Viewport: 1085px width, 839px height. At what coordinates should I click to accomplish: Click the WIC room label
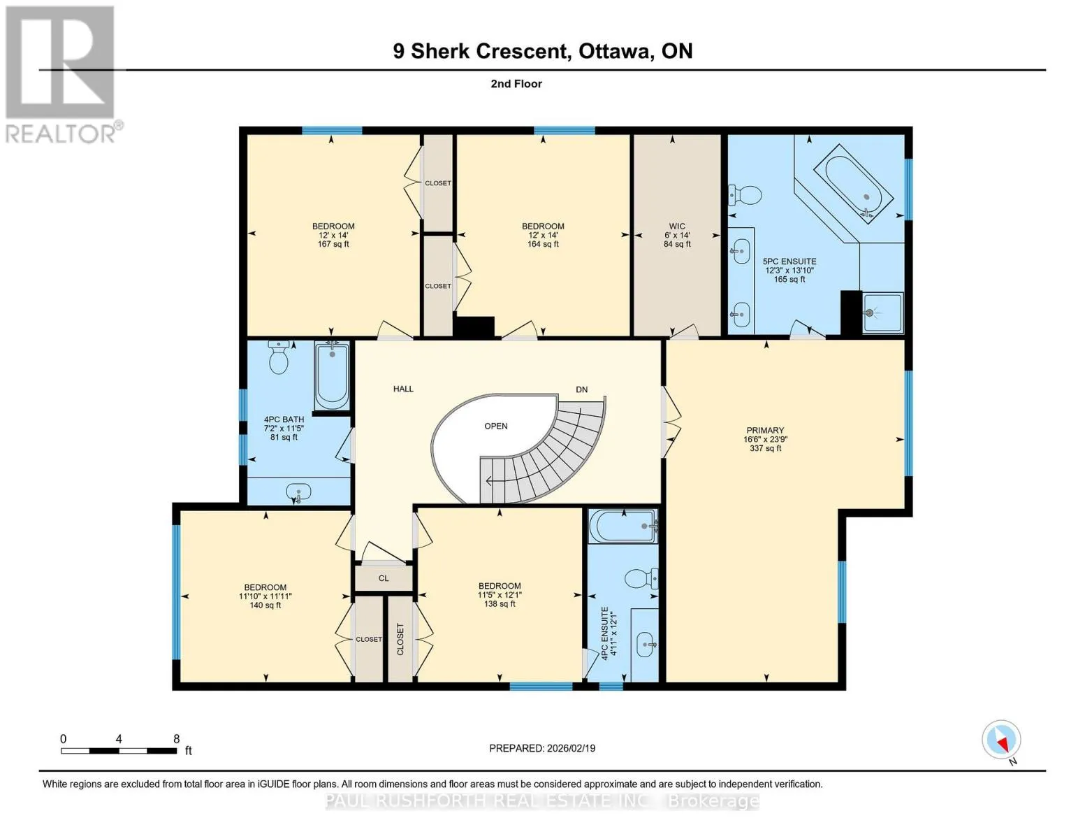676,226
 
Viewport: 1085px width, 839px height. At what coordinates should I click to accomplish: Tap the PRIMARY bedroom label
765,430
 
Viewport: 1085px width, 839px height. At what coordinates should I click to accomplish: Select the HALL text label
403,389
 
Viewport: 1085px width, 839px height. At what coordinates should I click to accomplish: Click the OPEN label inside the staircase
496,426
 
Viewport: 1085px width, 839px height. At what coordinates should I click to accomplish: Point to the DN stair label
582,389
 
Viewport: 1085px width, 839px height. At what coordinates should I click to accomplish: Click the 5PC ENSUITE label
789,261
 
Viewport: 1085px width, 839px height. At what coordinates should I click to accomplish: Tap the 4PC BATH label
284,419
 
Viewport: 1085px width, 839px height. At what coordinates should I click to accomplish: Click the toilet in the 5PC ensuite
745,195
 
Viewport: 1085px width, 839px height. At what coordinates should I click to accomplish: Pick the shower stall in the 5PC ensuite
883,313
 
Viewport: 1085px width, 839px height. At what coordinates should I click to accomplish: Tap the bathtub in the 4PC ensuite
623,526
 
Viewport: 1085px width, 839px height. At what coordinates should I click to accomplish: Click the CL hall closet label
384,578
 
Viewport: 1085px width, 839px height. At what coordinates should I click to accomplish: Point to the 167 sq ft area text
333,244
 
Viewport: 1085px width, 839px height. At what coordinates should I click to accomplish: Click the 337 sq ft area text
765,448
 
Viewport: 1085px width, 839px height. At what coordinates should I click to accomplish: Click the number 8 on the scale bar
176,738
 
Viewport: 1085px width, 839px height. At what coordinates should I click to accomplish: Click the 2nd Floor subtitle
516,84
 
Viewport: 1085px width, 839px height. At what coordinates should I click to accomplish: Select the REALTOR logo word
60,134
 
